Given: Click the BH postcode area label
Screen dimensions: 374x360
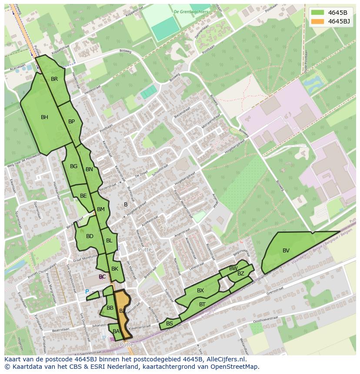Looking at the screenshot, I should point(44,117).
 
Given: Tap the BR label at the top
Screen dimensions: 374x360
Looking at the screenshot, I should point(54,79).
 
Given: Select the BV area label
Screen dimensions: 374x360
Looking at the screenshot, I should point(286,251).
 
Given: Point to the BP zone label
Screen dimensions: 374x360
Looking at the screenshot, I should point(71,122).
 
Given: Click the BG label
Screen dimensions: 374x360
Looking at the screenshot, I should point(73,166).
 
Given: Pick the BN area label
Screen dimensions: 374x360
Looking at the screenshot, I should point(89,169).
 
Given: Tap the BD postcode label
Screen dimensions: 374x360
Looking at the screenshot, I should point(90,236).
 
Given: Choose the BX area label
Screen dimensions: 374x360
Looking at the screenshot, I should point(200,291).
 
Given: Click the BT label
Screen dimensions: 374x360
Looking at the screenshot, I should point(202,304).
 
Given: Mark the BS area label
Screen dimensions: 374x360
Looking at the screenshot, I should point(170,324).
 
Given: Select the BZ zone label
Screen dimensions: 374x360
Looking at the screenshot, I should point(241,274).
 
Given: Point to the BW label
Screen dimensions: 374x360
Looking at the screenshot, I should point(233,268).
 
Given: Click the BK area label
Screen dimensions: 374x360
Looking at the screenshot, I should point(115,269).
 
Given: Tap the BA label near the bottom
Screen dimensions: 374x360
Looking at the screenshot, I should point(116,331).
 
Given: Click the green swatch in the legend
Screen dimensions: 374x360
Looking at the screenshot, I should point(318,12).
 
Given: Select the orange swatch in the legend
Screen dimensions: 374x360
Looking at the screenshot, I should point(318,21).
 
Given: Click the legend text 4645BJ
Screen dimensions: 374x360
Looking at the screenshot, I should point(339,21).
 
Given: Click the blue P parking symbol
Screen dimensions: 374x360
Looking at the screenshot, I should point(87,292).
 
